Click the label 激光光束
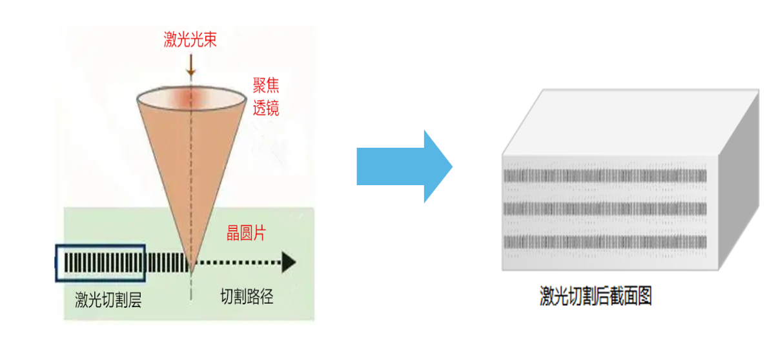[x=189, y=41]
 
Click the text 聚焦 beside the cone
[x=266, y=86]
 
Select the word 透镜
[x=266, y=108]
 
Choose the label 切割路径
[x=247, y=297]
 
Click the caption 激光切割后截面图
[x=595, y=296]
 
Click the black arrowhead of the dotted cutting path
[x=289, y=263]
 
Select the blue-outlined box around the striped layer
[x=100, y=263]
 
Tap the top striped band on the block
[x=605, y=176]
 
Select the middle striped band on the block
[x=605, y=209]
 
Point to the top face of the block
[x=629, y=123]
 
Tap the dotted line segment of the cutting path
[x=239, y=263]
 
